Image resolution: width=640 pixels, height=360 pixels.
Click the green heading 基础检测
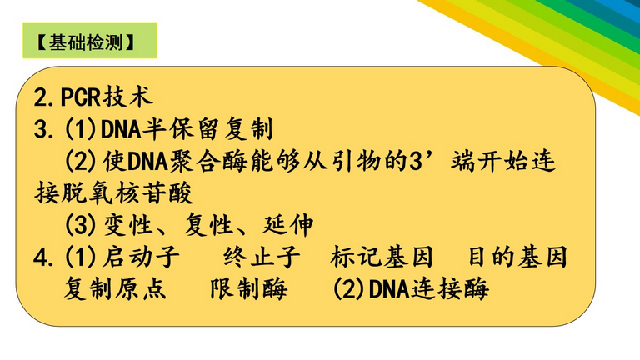click(x=86, y=42)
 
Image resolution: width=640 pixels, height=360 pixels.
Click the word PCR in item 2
click(x=81, y=97)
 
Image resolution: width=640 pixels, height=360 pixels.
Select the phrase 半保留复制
click(x=207, y=128)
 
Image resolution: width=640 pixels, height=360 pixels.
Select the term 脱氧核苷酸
click(x=127, y=192)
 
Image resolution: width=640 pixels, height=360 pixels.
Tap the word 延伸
click(x=287, y=224)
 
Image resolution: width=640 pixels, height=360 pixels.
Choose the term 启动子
click(x=141, y=257)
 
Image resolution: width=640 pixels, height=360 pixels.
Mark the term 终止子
click(x=262, y=257)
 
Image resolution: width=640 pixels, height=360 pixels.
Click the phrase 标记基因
click(x=382, y=257)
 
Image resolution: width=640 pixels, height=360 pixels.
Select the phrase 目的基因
click(x=517, y=257)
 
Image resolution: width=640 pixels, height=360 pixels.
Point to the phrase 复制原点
click(x=115, y=288)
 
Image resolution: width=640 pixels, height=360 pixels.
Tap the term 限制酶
click(x=248, y=288)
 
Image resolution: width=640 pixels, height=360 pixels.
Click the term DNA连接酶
click(x=428, y=288)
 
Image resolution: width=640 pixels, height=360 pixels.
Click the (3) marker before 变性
click(x=81, y=224)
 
